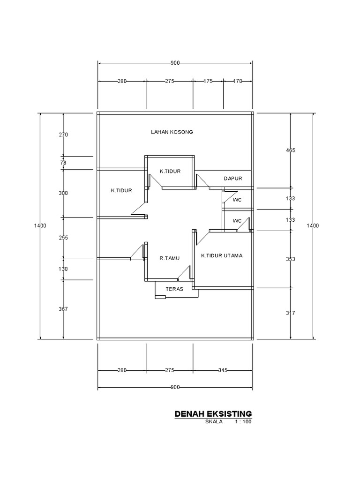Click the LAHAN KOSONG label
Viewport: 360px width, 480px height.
(x=172, y=132)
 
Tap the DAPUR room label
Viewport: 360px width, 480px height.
(x=232, y=178)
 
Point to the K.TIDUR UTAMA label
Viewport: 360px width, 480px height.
(x=222, y=256)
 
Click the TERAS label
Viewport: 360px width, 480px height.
(x=174, y=289)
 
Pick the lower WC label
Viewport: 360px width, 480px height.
(x=237, y=220)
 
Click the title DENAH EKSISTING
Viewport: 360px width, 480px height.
(x=213, y=413)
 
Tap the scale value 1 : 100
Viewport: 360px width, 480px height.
(x=243, y=422)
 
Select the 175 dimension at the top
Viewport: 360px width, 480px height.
(x=208, y=81)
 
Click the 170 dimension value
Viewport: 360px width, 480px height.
(x=237, y=81)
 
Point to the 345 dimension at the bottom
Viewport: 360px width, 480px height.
(x=223, y=370)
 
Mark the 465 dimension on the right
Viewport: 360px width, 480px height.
(x=291, y=150)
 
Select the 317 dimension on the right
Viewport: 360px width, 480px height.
(x=291, y=313)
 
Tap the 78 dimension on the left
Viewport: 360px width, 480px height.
(x=64, y=163)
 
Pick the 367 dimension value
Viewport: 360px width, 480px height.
(x=64, y=309)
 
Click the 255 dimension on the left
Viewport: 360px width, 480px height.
(x=64, y=238)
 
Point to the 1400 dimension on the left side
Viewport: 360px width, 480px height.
(x=40, y=226)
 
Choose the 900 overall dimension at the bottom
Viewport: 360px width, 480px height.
(x=175, y=388)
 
